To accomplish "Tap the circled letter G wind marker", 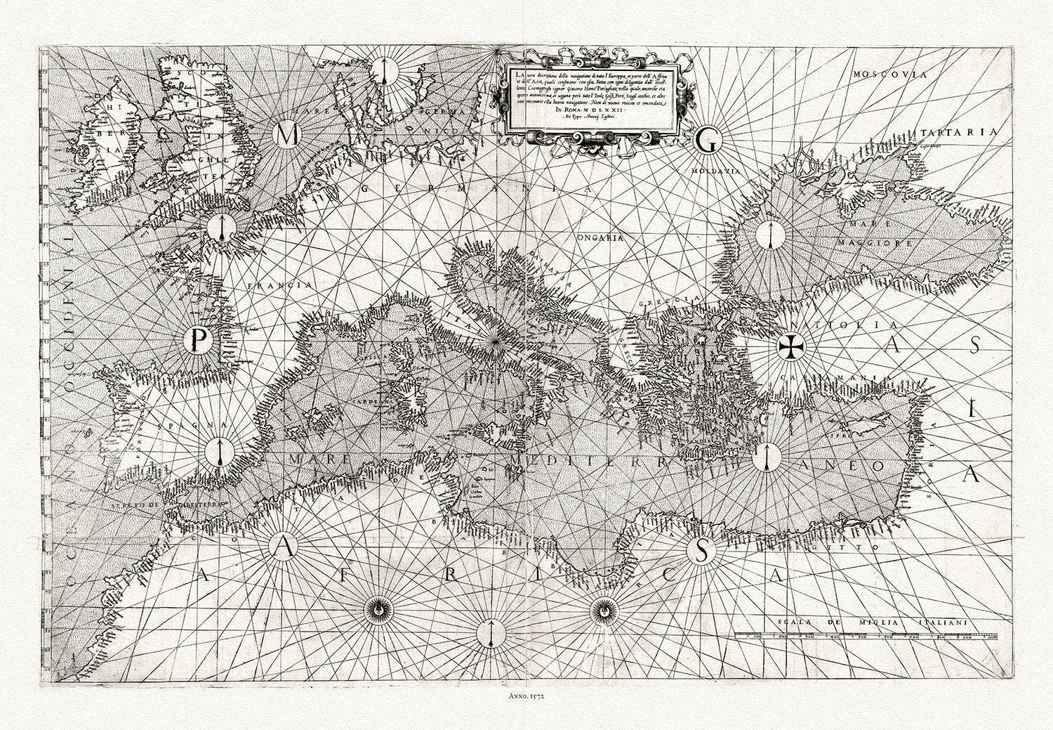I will click(706, 141).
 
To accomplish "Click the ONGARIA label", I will click(600, 238).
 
